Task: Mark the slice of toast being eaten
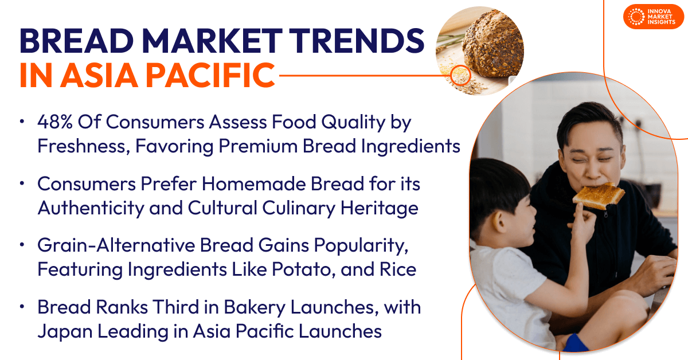598,194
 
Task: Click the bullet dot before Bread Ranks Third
22,307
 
